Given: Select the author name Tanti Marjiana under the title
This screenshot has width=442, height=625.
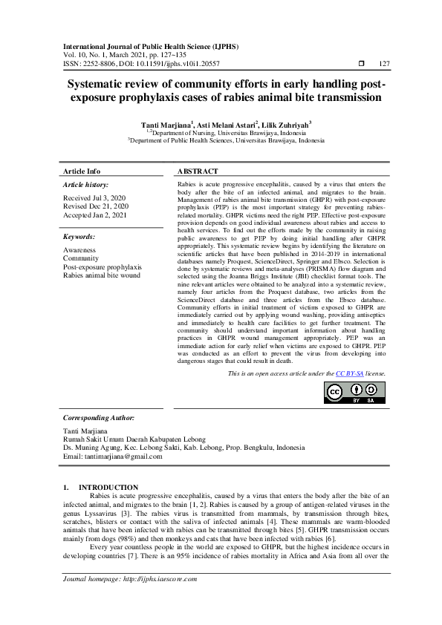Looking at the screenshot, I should click(166, 124).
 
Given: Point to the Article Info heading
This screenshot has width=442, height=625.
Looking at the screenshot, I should click(82, 171).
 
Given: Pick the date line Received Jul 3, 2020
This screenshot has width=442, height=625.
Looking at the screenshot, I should click(96, 198).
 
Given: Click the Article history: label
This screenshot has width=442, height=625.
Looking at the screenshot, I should click(85, 184).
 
